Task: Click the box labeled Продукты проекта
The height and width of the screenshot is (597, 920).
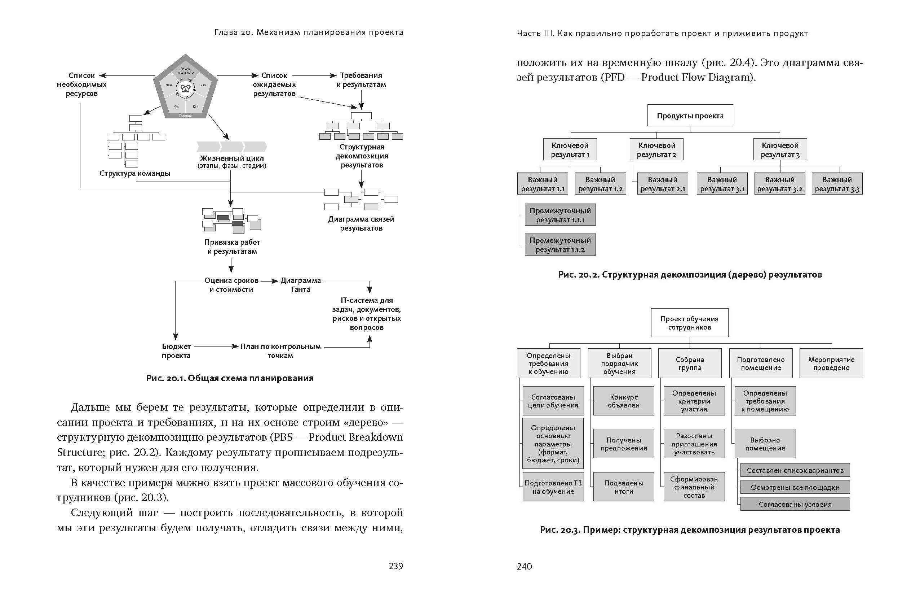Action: click(690, 115)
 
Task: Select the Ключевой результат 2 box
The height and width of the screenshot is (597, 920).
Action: click(656, 150)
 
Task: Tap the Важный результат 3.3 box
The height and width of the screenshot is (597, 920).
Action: click(836, 184)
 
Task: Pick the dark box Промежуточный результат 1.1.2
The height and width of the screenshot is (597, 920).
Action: click(560, 244)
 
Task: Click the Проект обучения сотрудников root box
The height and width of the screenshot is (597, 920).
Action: click(689, 323)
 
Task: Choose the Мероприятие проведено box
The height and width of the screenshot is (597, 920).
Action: click(831, 363)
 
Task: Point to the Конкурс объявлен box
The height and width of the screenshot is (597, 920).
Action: click(624, 401)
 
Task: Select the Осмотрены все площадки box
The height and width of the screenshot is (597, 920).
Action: click(795, 487)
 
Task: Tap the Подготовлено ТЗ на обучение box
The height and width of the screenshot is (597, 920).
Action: click(553, 487)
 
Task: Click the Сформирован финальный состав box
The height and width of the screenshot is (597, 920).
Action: click(694, 487)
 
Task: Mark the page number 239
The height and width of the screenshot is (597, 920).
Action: click(395, 566)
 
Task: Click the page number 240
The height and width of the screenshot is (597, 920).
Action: click(524, 566)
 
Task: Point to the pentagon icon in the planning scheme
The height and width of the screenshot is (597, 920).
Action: click(186, 87)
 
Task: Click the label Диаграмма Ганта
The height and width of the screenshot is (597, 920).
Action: click(300, 285)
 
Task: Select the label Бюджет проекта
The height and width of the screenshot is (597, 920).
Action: click(176, 351)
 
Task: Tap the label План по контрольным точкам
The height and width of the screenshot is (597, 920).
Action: click(280, 351)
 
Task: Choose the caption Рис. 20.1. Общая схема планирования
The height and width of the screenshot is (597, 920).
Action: click(230, 378)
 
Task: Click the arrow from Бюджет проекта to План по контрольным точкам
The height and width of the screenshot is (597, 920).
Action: click(215, 347)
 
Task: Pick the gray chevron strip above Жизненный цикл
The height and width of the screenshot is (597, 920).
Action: click(231, 147)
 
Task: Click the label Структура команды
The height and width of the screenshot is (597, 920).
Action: click(134, 173)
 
